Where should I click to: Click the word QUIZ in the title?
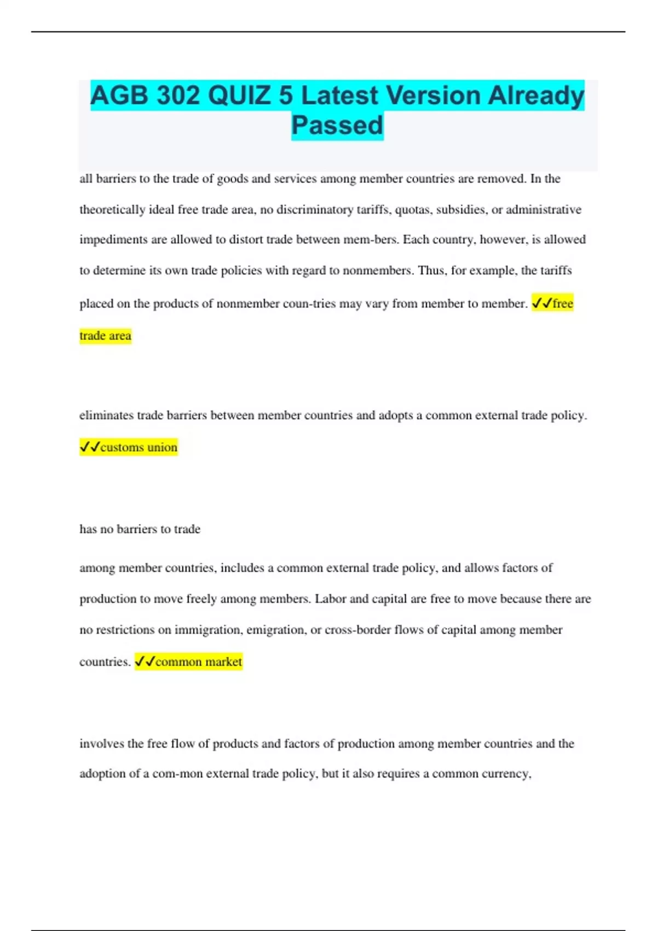[239, 96]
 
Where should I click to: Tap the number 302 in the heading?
[178, 96]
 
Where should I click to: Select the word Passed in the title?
[337, 125]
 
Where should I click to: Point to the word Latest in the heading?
[339, 96]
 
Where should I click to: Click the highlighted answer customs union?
[139, 447]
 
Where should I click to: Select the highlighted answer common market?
[198, 662]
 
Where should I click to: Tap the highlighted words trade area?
[105, 336]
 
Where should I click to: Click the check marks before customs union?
[90, 447]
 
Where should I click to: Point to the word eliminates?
[106, 416]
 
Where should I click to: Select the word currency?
[506, 774]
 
